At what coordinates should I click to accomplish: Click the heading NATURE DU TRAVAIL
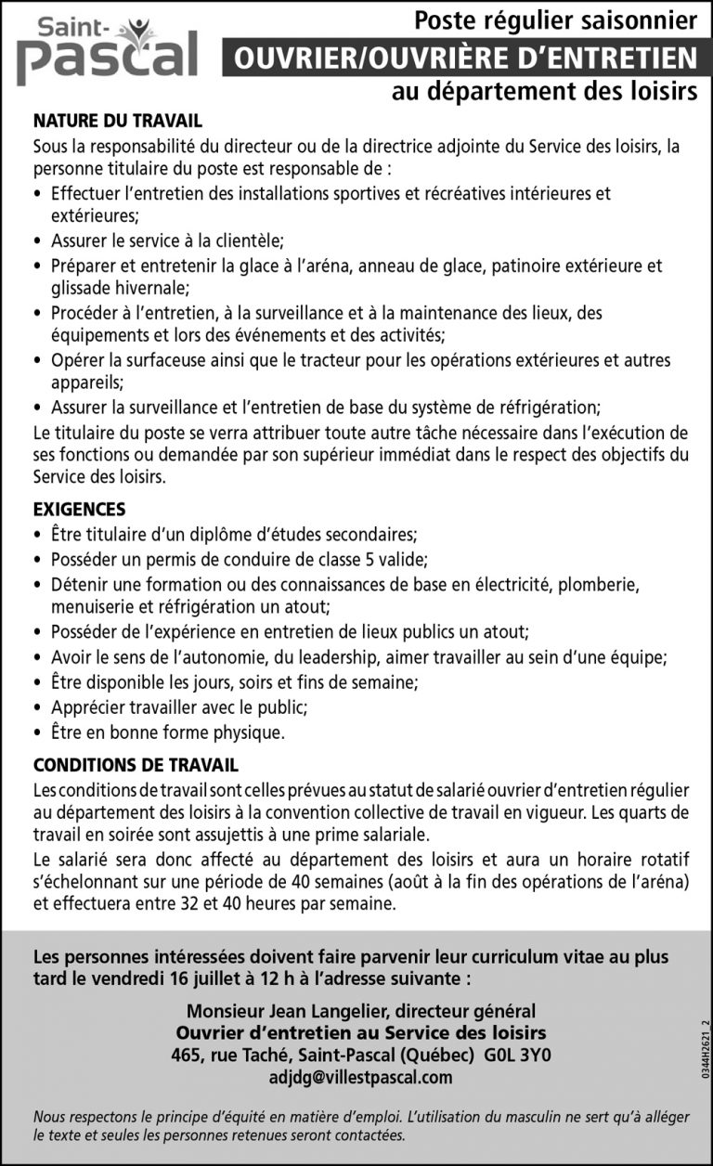pos(117,121)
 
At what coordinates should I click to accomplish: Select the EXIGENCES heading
pos(79,510)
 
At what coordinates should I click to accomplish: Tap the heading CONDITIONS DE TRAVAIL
pos(136,766)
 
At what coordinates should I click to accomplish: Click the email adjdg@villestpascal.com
pos(360,1077)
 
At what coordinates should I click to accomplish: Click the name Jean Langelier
pos(305,1011)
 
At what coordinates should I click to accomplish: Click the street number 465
pos(187,1056)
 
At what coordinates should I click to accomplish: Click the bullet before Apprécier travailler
pos(36,707)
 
